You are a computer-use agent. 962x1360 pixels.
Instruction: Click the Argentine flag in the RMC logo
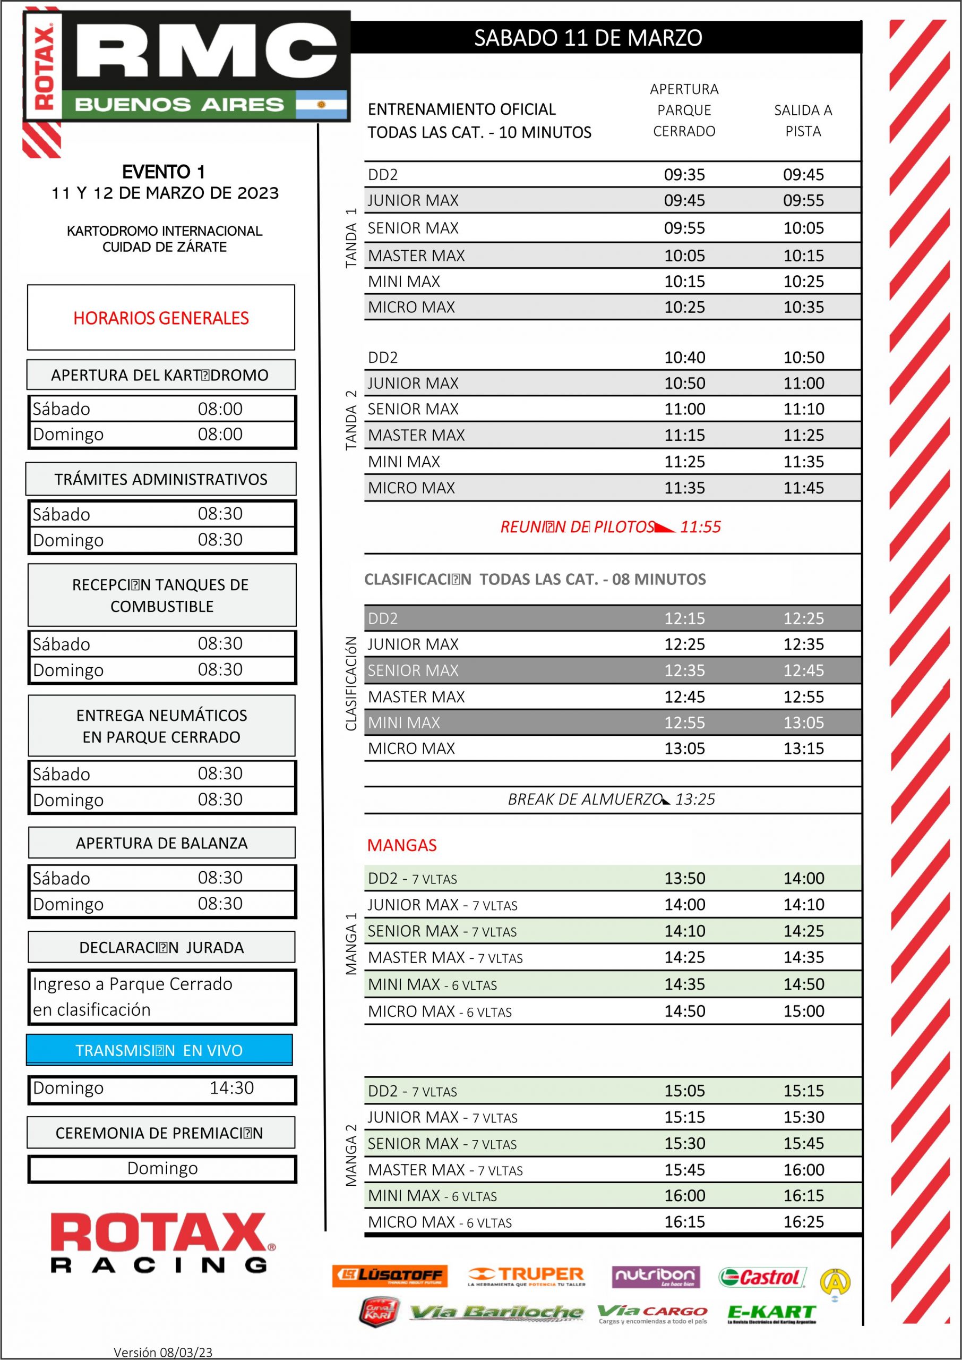tap(321, 105)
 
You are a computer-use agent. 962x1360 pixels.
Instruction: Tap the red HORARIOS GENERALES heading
tap(161, 318)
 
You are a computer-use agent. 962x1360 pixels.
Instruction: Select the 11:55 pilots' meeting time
tap(700, 527)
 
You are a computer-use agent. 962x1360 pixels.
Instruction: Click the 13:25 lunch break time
tap(695, 800)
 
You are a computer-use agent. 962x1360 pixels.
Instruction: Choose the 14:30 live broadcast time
tap(231, 1087)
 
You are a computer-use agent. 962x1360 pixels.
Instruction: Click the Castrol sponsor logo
tap(762, 1277)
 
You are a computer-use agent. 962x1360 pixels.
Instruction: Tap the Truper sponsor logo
tap(526, 1276)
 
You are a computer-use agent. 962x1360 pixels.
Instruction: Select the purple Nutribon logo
tap(656, 1277)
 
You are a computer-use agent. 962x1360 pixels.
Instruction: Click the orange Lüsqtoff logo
tap(390, 1276)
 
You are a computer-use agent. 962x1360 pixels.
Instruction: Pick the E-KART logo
tap(772, 1313)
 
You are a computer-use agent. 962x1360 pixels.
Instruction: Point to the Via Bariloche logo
tap(496, 1313)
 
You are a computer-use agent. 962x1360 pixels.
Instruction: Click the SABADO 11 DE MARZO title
tap(588, 38)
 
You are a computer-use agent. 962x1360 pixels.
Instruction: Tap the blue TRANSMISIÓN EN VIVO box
tap(159, 1051)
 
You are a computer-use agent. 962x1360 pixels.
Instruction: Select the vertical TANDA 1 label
tap(351, 237)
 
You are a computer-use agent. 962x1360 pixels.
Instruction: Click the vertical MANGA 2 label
tap(351, 1155)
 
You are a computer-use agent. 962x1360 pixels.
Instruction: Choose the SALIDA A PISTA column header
tap(803, 120)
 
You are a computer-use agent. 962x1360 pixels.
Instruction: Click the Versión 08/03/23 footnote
tap(163, 1351)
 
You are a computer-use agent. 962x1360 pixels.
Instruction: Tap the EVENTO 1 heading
tap(164, 172)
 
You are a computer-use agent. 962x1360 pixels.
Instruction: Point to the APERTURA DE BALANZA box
tap(162, 843)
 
